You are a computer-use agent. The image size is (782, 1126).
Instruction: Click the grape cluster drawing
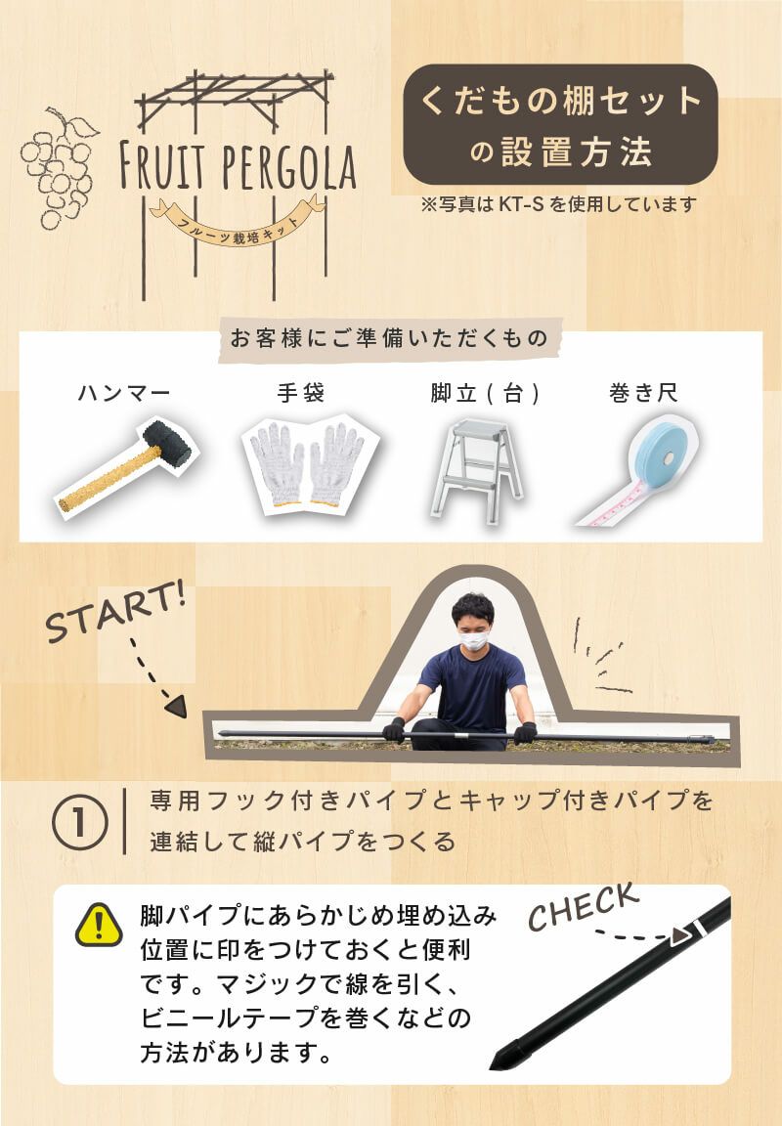[x=59, y=168]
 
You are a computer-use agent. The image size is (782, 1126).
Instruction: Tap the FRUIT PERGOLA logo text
[x=238, y=166]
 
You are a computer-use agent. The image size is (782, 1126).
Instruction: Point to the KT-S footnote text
[x=559, y=204]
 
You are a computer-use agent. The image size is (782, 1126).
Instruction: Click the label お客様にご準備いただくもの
[x=388, y=337]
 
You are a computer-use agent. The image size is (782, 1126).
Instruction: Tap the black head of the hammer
[x=167, y=443]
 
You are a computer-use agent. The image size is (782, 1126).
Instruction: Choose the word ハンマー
[x=124, y=393]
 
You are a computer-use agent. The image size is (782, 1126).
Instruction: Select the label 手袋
[x=301, y=392]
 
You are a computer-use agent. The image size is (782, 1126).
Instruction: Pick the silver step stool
[x=477, y=470]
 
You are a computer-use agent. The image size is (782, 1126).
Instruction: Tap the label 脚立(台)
[x=485, y=393]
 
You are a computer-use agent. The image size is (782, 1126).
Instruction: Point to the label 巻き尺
[x=643, y=393]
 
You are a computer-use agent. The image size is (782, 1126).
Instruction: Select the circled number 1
[x=80, y=823]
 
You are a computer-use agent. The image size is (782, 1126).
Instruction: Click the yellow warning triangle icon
[x=99, y=925]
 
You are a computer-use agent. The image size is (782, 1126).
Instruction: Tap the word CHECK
[x=584, y=905]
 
